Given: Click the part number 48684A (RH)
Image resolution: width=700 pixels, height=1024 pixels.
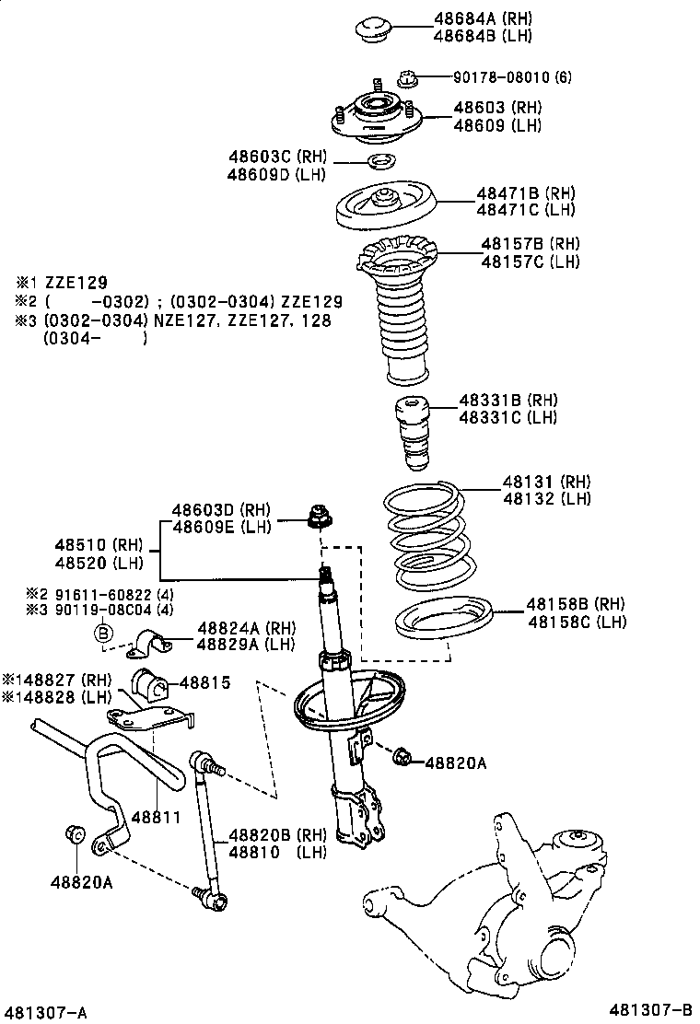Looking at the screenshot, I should point(483,18).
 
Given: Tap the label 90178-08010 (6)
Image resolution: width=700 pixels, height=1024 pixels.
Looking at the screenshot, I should point(511,77).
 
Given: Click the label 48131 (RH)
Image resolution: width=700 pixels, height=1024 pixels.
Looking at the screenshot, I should point(546,482).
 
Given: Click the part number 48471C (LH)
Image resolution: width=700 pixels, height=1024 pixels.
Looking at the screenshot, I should point(525,209).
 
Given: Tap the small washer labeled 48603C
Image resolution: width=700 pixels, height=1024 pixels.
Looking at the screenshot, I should point(380,164).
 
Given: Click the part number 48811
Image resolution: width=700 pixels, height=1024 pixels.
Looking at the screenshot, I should point(152,817).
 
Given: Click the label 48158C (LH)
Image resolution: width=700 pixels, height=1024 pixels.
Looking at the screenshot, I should point(577,622).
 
